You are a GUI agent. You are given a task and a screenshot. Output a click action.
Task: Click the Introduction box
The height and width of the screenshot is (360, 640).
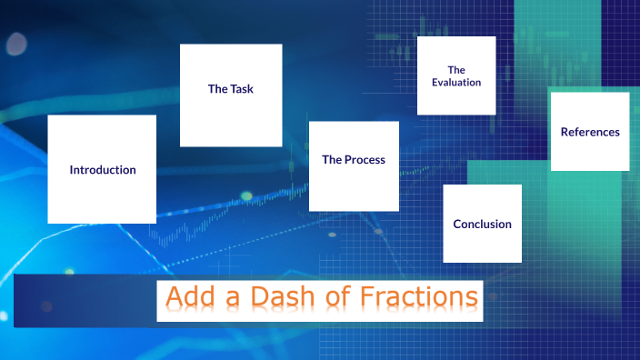102,169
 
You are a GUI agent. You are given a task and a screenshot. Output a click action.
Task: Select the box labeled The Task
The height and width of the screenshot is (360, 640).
231,95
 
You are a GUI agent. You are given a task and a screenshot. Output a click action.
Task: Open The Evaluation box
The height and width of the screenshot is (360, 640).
456,75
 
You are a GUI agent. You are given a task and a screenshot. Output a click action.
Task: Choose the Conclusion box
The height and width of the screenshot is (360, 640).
482,224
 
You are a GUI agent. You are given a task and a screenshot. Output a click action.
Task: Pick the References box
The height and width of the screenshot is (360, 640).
590,131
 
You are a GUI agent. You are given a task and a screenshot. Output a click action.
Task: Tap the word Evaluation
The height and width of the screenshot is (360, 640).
456,83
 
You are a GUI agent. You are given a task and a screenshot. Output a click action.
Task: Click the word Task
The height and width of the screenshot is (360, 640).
242,89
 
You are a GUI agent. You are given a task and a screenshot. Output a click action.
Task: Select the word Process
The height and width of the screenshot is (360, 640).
365,160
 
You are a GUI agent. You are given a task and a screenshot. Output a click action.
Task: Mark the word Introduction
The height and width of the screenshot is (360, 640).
103,170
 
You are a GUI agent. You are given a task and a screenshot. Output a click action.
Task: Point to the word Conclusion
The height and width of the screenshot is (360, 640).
482,225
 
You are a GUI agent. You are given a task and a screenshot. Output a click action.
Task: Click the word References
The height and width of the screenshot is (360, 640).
590,132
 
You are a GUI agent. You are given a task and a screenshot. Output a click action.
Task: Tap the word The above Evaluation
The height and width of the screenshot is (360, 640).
456,69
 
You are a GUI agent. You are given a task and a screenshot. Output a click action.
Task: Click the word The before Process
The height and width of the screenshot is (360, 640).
332,160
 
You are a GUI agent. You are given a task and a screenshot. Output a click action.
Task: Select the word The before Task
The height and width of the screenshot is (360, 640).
218,89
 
